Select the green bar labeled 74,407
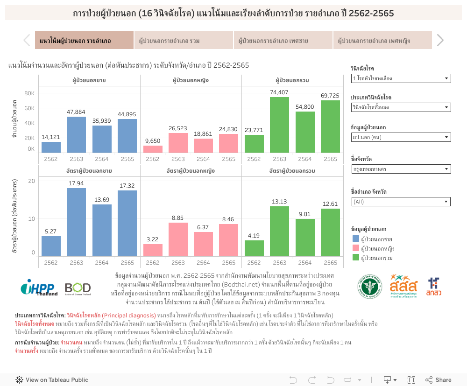click(279, 125)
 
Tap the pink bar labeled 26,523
click(178, 143)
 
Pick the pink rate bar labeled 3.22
click(153, 250)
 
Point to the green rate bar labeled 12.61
click(330, 232)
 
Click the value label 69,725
click(330, 96)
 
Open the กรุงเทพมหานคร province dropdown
click(401, 169)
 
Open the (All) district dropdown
click(401, 202)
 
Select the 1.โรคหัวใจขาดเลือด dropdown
click(401, 78)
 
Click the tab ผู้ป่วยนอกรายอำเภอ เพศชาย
click(283, 41)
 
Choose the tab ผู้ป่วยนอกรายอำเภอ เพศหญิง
click(382, 41)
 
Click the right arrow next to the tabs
click(440, 41)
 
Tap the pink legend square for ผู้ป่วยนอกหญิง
click(356, 248)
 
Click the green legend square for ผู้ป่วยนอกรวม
click(356, 258)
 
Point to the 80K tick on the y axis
click(29, 93)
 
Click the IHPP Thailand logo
click(39, 288)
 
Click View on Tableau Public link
click(52, 380)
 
